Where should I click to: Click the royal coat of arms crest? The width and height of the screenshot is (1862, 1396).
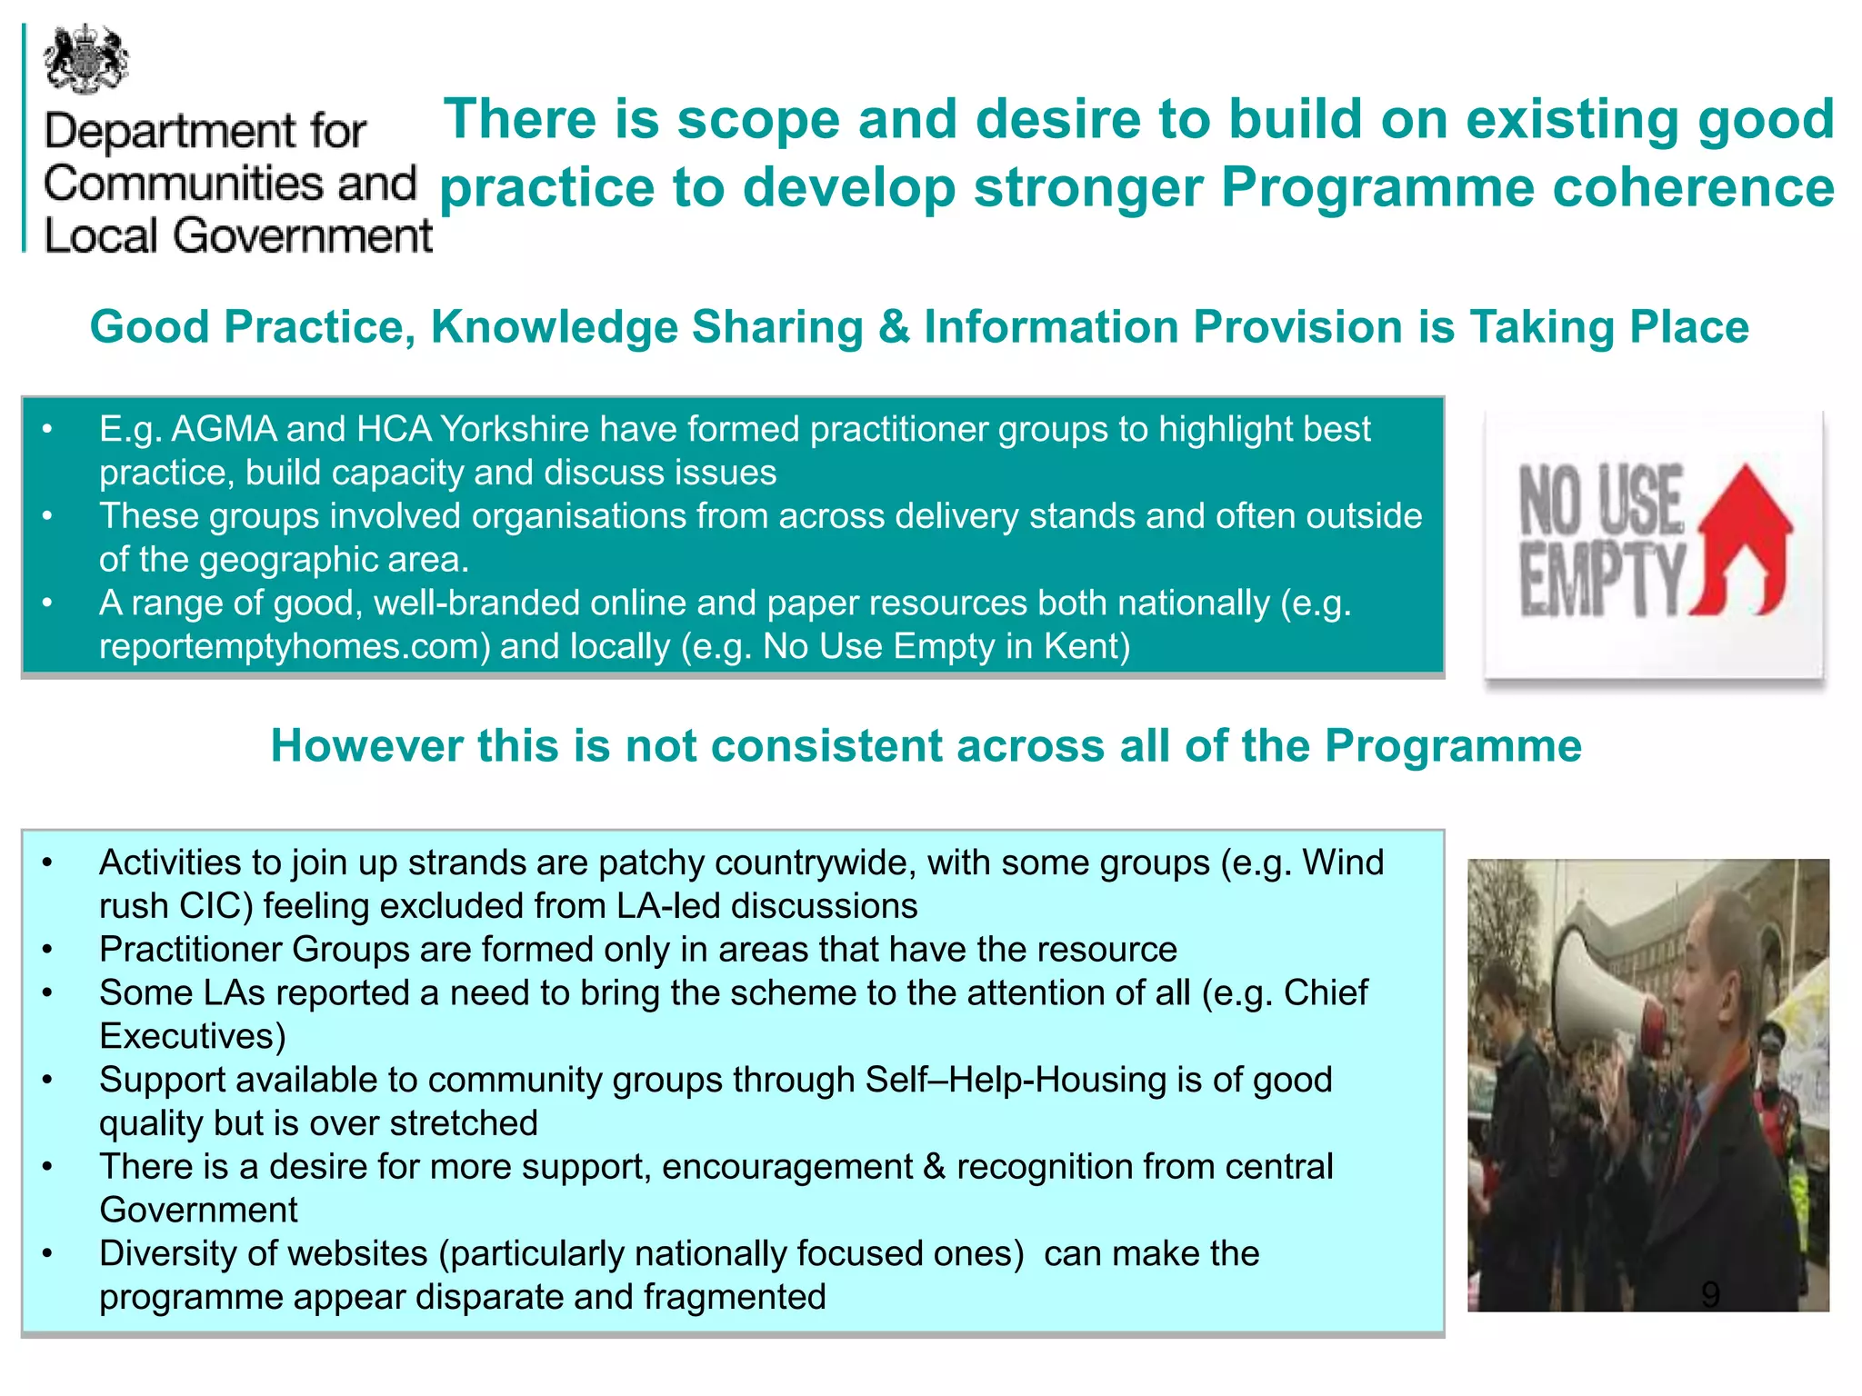pos(86,60)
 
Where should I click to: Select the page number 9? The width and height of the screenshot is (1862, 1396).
pos(1709,1294)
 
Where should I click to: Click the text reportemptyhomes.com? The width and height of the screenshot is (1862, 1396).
pos(295,646)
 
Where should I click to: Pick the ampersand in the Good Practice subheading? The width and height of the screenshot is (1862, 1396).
pos(894,327)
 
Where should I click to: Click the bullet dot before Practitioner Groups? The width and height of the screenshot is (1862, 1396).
pos(47,950)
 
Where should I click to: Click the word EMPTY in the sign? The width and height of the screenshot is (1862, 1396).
pos(1602,579)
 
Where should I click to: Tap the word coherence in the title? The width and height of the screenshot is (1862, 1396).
pos(1693,187)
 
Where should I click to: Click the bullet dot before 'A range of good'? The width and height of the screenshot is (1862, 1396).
pos(47,603)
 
